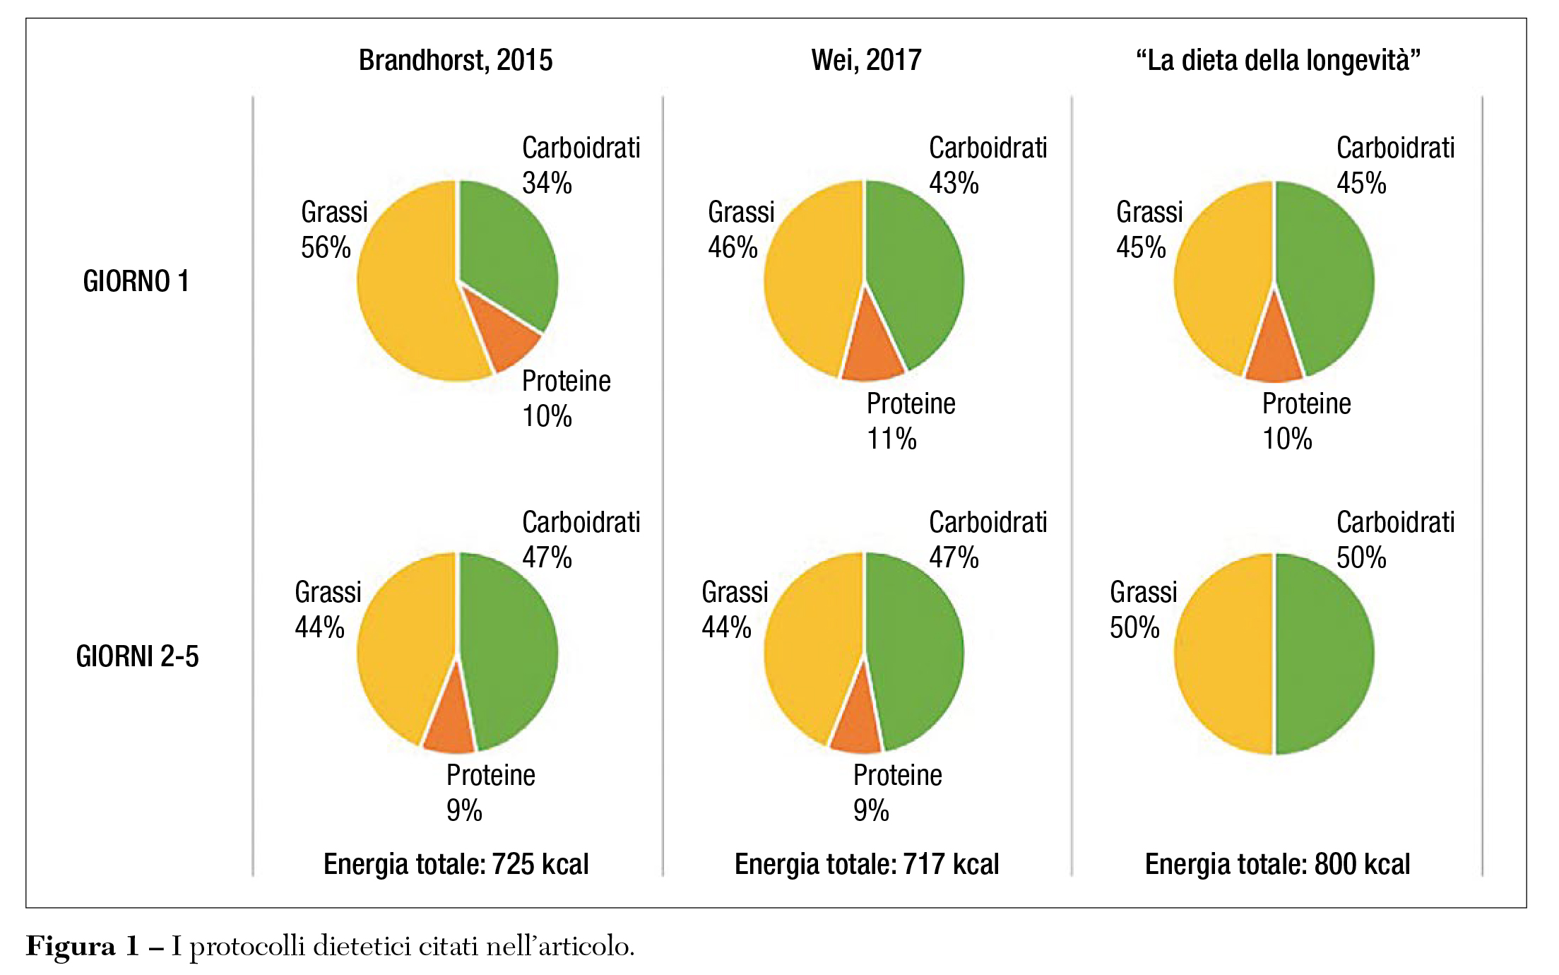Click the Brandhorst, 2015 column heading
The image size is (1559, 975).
click(x=456, y=61)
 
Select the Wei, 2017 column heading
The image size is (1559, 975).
click(x=866, y=61)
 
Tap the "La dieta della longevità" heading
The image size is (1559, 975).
click(x=1278, y=61)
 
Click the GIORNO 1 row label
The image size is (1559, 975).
click(x=136, y=282)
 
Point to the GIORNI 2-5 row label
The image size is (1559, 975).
click(x=138, y=657)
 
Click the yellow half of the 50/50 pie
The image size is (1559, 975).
click(x=1222, y=654)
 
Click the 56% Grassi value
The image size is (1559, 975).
click(x=326, y=248)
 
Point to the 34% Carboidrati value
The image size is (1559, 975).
click(x=547, y=184)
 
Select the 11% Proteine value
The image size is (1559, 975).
click(x=891, y=439)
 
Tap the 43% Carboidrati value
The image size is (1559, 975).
click(x=954, y=184)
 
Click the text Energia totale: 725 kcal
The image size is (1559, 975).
click(x=456, y=864)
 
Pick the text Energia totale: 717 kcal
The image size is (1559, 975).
click(x=867, y=864)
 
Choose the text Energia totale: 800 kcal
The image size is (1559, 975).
click(x=1277, y=864)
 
